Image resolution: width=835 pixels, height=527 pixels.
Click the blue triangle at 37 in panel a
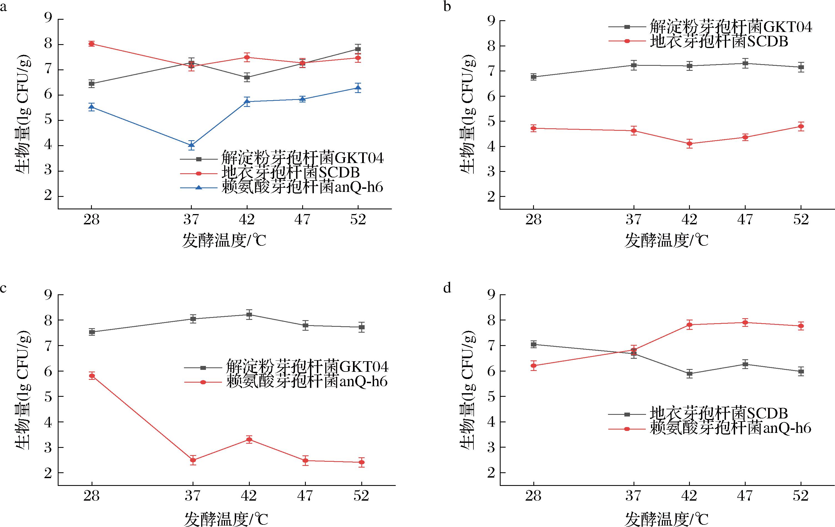click(x=191, y=145)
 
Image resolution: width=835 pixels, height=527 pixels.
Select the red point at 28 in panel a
click(x=92, y=44)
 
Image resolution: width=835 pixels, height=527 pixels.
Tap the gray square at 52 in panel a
click(x=358, y=49)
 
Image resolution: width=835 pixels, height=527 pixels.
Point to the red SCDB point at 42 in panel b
click(x=689, y=143)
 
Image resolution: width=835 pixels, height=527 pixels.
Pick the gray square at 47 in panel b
click(x=745, y=63)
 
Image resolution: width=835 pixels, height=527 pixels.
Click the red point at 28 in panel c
click(x=92, y=375)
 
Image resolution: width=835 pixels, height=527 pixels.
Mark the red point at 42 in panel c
click(x=249, y=440)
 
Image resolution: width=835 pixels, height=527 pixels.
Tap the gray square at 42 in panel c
click(x=249, y=315)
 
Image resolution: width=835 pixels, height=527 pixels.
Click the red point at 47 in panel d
click(x=745, y=322)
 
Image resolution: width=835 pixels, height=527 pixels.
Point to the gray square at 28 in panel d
click(x=534, y=344)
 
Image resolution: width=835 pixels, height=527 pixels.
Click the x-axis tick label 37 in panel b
click(x=633, y=219)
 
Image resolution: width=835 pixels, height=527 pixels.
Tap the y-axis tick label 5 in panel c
click(x=48, y=396)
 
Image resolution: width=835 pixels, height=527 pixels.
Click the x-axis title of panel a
click(x=224, y=240)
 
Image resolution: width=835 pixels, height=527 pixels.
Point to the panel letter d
click(x=447, y=288)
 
